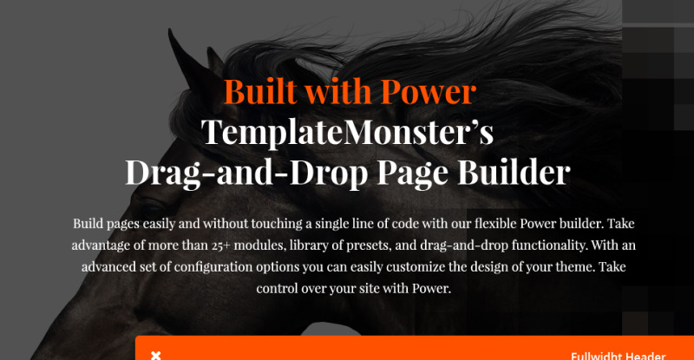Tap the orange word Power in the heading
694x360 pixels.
pyautogui.click(x=428, y=92)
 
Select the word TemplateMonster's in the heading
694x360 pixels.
pyautogui.click(x=348, y=133)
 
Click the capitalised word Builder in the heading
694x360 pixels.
pyautogui.click(x=514, y=172)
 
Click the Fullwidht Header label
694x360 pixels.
pyautogui.click(x=618, y=356)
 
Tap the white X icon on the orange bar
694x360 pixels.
pyautogui.click(x=156, y=356)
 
